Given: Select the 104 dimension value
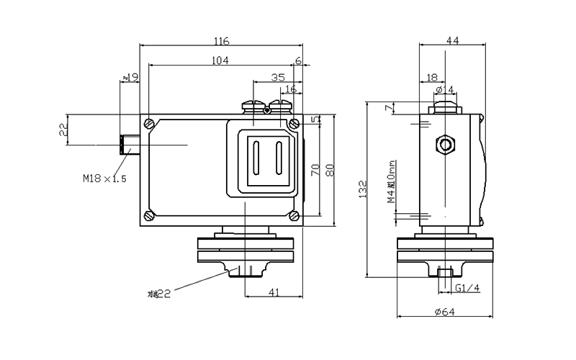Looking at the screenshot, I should [x=221, y=61].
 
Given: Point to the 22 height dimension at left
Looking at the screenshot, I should [x=63, y=130].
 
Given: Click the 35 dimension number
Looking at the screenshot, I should [x=278, y=76].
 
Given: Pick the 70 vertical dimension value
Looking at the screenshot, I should [x=315, y=171].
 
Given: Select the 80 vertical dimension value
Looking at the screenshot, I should [x=330, y=171].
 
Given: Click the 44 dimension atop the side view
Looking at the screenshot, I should [x=453, y=41].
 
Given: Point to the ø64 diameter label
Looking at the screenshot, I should [x=446, y=311].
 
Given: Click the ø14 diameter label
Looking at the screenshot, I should [x=446, y=89].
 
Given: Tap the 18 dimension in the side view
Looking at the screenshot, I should [x=431, y=76].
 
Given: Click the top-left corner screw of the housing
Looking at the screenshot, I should [x=149, y=123].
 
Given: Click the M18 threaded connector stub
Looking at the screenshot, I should [x=130, y=145].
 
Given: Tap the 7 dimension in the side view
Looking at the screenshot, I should [x=389, y=108].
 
